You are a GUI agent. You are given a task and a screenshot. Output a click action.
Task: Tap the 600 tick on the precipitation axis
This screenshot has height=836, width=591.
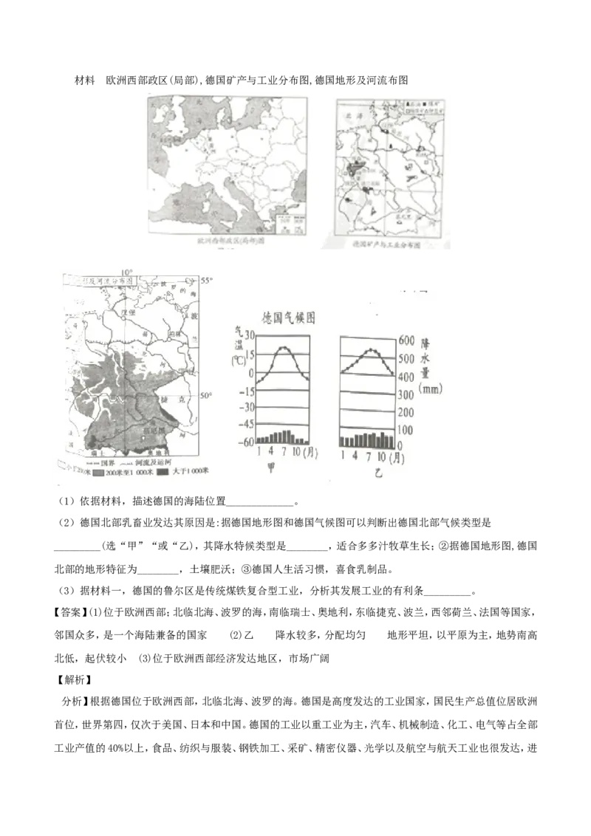(x=407, y=340)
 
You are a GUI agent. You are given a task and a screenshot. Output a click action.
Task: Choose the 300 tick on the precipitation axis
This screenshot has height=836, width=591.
(x=407, y=396)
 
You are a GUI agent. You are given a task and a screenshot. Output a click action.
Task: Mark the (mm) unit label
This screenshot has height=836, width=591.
(x=432, y=387)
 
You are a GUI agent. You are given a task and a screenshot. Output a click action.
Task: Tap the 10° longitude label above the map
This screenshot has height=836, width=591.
(x=127, y=271)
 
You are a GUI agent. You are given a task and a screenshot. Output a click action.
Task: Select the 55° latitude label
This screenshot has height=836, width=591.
(x=207, y=281)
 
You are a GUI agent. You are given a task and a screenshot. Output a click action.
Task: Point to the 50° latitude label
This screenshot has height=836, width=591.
(x=207, y=397)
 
